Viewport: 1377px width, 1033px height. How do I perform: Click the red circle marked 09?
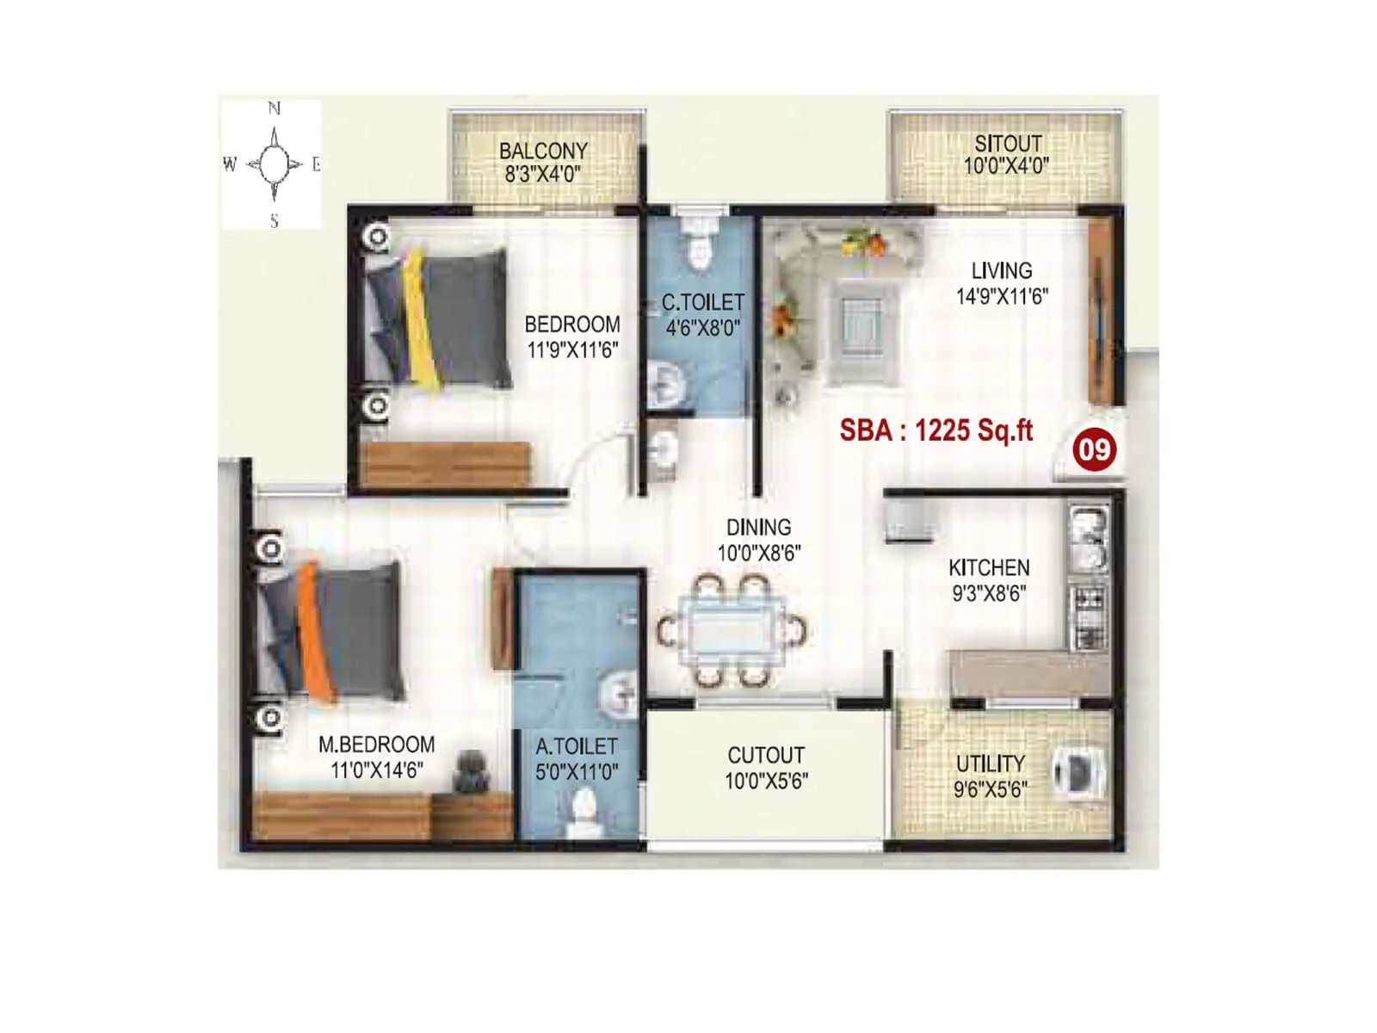[1094, 449]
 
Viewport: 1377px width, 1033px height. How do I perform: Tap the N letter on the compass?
[274, 108]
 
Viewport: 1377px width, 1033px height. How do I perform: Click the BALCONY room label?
[543, 151]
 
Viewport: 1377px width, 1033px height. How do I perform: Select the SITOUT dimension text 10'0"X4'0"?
[1006, 166]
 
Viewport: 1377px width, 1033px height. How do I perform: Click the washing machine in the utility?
[1076, 770]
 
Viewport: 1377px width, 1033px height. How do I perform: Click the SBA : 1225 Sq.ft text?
[935, 430]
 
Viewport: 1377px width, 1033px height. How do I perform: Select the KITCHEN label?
[989, 568]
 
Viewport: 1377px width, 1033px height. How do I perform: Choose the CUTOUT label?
[766, 756]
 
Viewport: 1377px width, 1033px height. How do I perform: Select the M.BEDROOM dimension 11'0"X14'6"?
[376, 770]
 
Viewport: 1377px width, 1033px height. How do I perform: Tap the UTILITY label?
[991, 764]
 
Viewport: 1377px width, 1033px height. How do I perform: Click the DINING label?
[758, 528]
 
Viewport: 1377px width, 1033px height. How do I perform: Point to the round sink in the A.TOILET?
[617, 693]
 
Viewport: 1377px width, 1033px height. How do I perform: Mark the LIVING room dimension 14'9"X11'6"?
[1002, 297]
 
